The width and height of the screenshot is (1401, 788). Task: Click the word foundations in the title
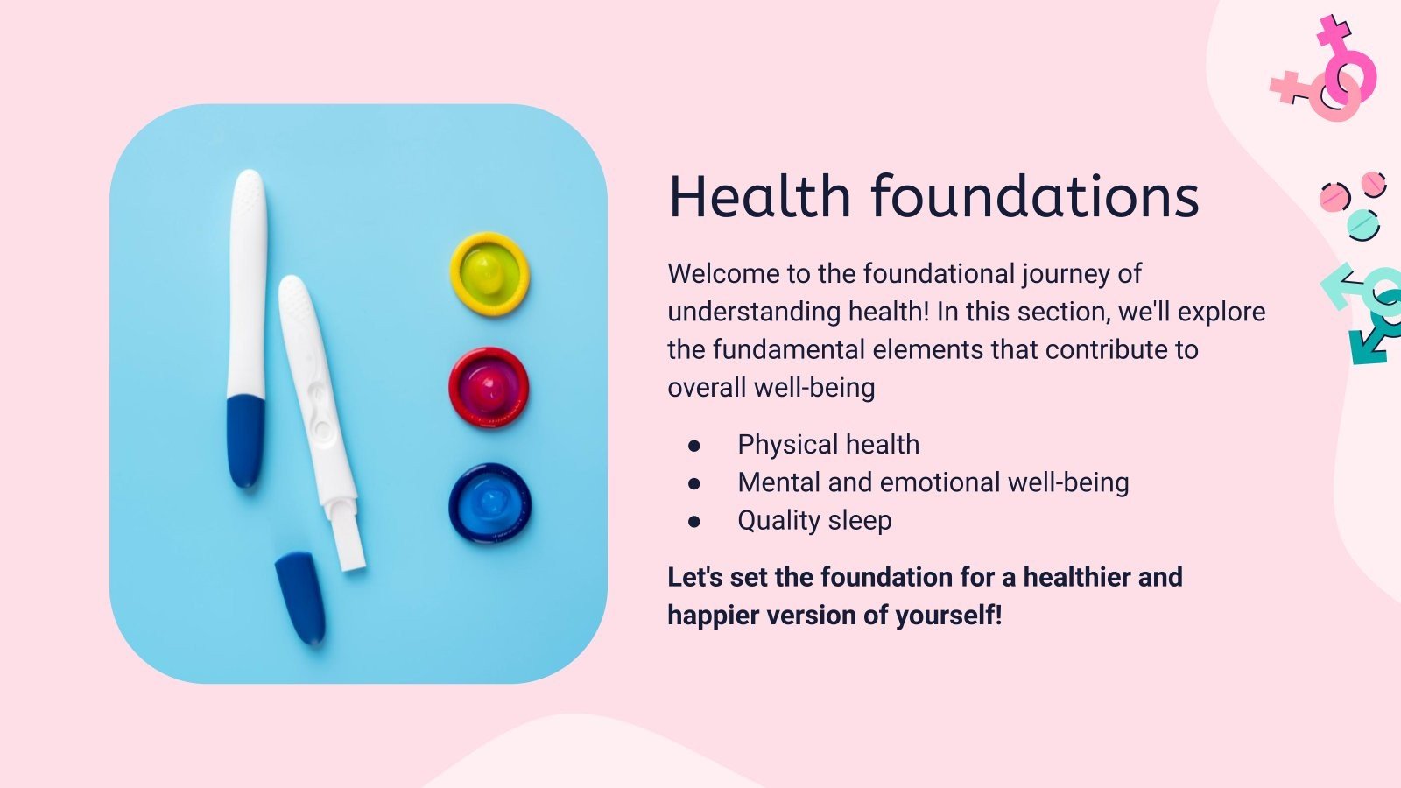[1036, 196]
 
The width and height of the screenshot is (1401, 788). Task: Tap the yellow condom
[489, 273]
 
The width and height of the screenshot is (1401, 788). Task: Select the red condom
[489, 388]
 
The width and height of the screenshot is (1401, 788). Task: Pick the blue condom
[489, 503]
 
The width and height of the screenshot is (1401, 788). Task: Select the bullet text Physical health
[828, 445]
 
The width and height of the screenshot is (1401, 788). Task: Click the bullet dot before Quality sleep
[693, 522]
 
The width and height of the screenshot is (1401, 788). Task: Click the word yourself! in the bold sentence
[949, 615]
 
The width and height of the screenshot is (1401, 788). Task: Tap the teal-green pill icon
[1363, 225]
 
